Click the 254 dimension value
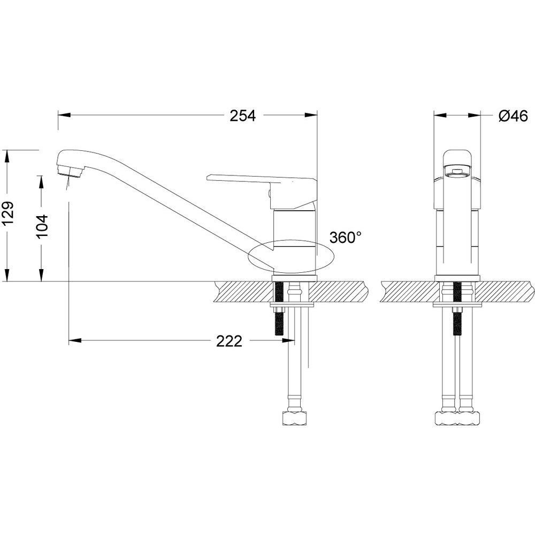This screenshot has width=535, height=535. (x=242, y=116)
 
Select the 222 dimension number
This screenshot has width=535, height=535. (x=229, y=341)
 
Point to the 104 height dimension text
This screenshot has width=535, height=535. (x=42, y=226)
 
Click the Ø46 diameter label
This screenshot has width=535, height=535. (x=513, y=116)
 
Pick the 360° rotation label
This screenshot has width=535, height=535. (x=346, y=237)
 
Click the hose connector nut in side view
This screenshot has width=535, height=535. (x=294, y=418)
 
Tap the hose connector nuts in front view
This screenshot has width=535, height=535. (x=457, y=418)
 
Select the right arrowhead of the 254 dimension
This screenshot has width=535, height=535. (x=311, y=116)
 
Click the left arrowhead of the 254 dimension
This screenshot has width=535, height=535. (x=64, y=116)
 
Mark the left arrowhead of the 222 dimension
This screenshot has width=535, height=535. (x=75, y=340)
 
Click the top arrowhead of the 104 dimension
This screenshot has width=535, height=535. (x=42, y=182)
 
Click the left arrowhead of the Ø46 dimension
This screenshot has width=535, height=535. (x=440, y=116)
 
